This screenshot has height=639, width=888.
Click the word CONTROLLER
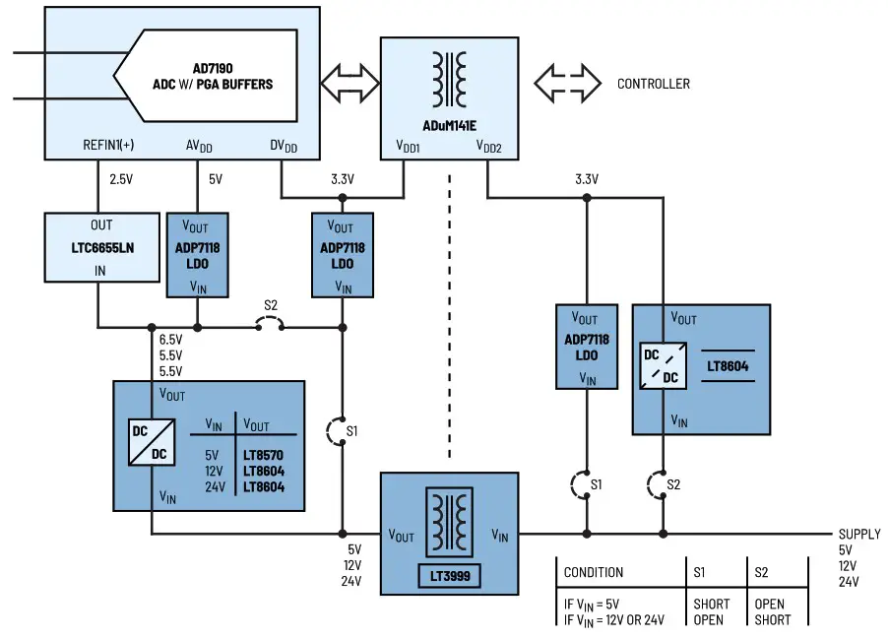coord(653,84)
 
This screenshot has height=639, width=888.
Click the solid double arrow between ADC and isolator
coord(350,84)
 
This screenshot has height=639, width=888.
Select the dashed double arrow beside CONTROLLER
coord(567,84)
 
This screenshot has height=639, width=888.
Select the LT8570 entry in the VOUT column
coord(263,456)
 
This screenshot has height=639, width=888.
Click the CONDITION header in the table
coord(593,572)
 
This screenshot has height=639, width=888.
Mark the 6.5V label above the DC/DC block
coord(171,340)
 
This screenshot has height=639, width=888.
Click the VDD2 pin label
coord(489,146)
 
